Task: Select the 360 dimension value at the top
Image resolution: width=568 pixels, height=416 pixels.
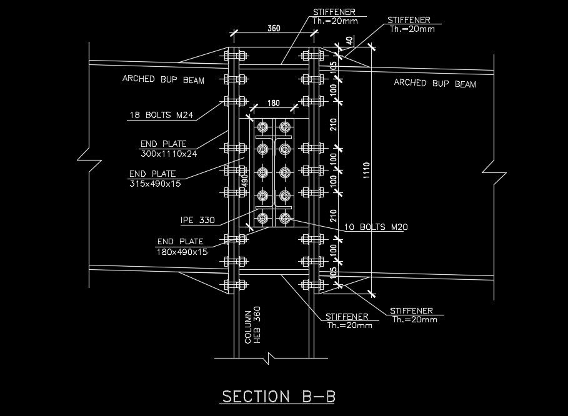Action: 273,28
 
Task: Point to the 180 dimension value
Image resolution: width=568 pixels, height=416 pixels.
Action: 273,103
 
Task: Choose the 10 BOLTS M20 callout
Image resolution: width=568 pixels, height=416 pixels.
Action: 377,227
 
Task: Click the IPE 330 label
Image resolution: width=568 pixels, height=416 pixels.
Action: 197,220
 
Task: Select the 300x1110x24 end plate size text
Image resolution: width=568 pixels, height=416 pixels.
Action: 169,154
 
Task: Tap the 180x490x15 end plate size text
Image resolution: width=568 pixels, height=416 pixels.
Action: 181,252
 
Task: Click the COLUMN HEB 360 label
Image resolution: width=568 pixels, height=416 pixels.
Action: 252,326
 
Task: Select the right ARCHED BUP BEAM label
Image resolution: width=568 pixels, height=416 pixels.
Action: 435,83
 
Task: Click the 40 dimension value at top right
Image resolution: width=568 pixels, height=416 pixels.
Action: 350,41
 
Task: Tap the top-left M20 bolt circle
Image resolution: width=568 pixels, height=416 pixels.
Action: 262,128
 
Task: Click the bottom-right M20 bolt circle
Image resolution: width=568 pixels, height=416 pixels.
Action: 285,218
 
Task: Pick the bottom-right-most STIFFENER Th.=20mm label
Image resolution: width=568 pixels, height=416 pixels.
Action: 412,315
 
